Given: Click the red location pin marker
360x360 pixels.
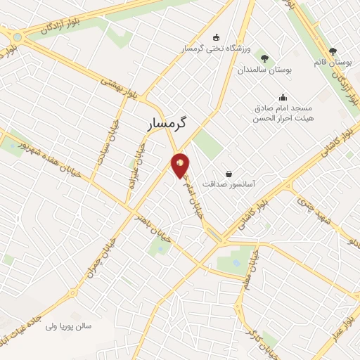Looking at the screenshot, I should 181,165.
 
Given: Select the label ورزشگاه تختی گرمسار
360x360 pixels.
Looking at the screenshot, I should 214,49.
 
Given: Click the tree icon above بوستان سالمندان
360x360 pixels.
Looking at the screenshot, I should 264,59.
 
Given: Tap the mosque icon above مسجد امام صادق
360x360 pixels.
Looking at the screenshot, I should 283,98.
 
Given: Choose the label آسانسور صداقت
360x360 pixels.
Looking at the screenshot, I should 229,184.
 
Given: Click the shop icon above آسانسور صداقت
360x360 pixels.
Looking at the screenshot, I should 229,173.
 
